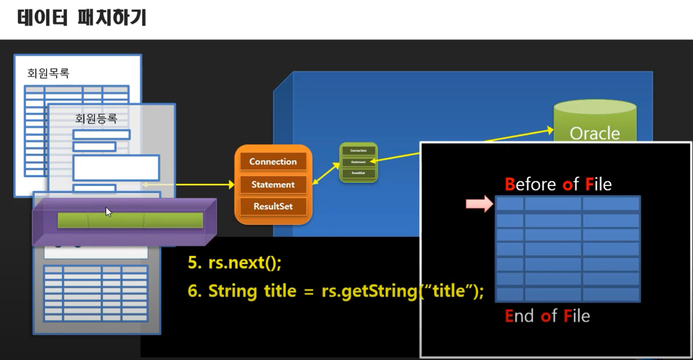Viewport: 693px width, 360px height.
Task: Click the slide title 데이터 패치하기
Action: point(82,18)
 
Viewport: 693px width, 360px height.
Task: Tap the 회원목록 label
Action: point(48,73)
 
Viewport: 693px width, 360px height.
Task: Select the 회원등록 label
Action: point(96,119)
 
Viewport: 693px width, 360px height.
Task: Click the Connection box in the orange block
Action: point(273,161)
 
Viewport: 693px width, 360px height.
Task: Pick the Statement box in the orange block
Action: point(273,184)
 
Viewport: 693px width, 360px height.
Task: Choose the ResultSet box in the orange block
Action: point(273,207)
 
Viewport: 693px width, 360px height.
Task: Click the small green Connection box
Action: point(358,151)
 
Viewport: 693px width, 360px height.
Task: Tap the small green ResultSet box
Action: point(358,173)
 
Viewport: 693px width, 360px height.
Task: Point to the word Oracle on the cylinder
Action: point(595,134)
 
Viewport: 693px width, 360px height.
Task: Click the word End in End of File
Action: point(519,316)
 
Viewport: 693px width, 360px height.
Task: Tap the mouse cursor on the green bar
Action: point(108,211)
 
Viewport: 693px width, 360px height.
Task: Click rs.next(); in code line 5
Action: point(245,263)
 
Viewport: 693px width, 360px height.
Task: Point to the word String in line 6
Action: point(232,291)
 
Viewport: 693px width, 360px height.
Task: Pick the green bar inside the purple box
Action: point(131,220)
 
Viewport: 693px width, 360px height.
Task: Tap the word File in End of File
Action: point(576,316)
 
